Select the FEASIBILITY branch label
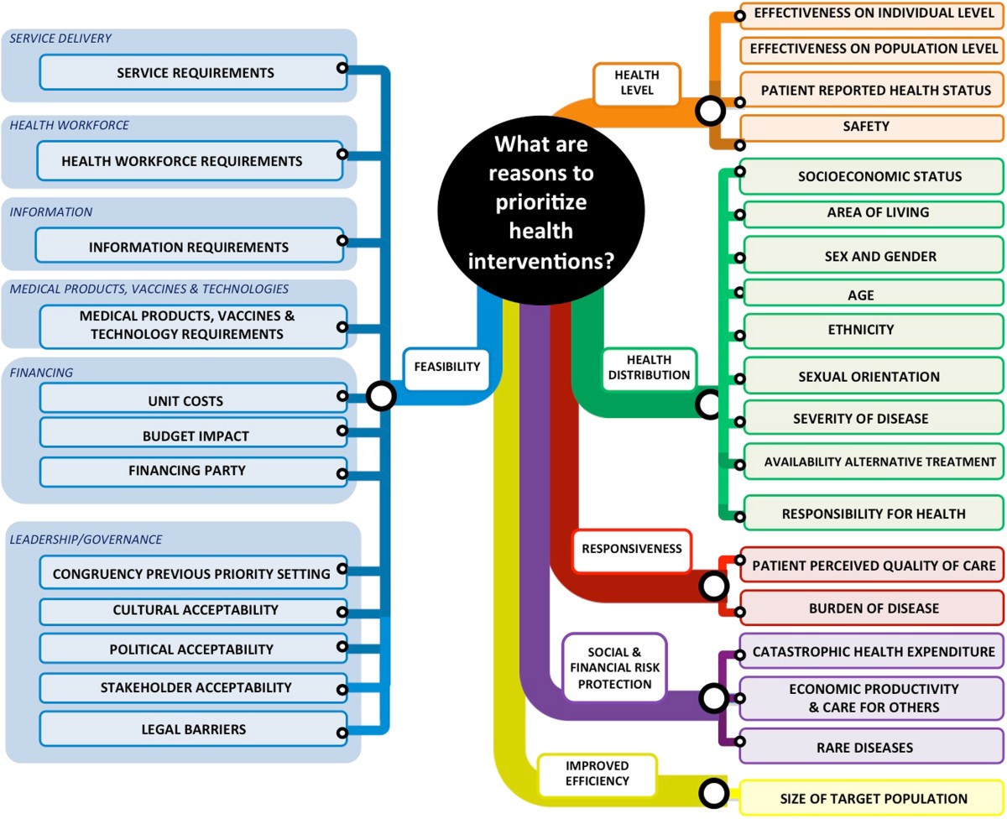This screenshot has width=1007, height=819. point(446,367)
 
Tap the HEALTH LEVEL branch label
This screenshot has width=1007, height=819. point(636,84)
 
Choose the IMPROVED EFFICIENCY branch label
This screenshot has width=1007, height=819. point(597,774)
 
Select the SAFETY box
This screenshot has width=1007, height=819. point(871,127)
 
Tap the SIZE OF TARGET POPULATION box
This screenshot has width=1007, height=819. point(873,799)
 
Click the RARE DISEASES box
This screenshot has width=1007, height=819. point(871,747)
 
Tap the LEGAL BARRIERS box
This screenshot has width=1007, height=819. point(192,728)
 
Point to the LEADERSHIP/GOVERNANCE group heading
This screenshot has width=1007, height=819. point(86,539)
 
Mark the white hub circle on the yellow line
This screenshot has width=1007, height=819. point(714,792)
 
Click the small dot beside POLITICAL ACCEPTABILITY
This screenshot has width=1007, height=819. point(342,647)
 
